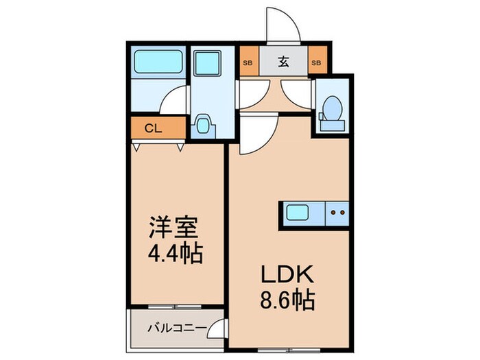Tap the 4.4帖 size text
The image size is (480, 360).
tap(174, 254)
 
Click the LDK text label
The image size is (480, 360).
tap(286, 274)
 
